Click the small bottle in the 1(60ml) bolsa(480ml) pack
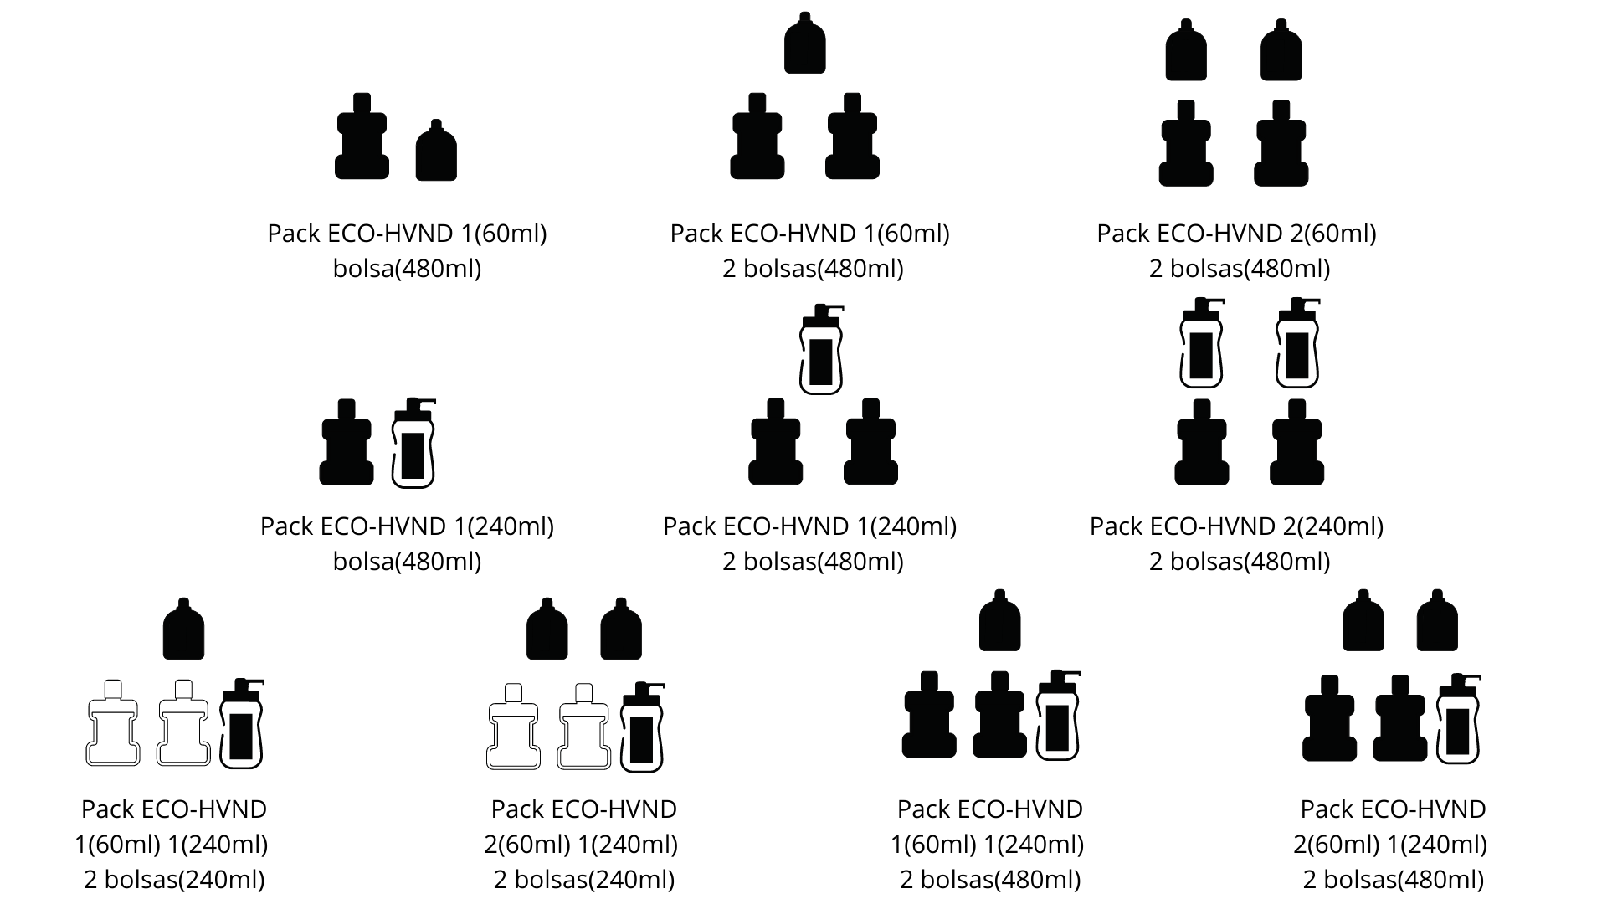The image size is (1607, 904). coord(436,152)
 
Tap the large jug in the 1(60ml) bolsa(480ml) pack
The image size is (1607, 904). coord(362,137)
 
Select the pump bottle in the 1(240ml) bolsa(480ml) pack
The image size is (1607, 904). coord(413,444)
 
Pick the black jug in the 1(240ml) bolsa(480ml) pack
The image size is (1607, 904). coord(347,444)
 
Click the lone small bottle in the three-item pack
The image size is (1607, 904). coord(804,44)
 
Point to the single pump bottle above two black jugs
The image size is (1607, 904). coord(821,350)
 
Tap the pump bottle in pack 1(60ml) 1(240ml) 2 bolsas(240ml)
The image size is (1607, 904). coord(241,725)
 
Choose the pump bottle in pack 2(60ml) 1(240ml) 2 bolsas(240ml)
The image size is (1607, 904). coord(642,727)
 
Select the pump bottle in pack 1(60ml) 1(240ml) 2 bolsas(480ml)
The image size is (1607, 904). coord(1057,717)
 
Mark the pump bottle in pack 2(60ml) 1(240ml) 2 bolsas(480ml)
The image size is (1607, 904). coord(1458,720)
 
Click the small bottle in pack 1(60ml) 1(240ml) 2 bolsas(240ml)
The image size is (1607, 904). coord(183,629)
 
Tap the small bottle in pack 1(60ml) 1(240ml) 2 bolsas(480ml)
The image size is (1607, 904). coord(999,621)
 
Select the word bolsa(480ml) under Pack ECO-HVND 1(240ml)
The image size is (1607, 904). coord(407,562)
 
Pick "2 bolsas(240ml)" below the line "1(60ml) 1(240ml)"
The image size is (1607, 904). coord(174,880)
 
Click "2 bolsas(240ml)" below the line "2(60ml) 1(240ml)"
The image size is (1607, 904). coord(584,880)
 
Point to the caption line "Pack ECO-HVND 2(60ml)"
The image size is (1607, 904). coord(1236,234)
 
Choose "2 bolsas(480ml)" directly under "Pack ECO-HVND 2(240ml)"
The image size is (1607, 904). coord(1240,562)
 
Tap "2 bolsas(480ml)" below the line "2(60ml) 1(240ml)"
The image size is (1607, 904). coord(1394,880)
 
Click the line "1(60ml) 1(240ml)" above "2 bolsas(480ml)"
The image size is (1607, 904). coord(988,845)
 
